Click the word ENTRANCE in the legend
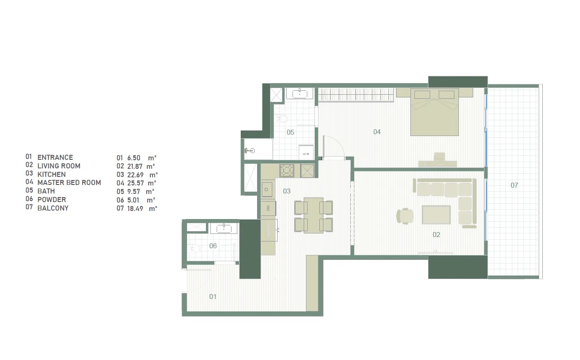(x=55, y=158)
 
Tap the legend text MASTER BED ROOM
(x=69, y=183)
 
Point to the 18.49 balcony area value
(x=134, y=208)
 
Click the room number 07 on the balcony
(x=514, y=185)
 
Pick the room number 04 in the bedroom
(x=377, y=132)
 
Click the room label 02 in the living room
(x=436, y=234)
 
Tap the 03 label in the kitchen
(x=287, y=191)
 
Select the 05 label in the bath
(x=290, y=132)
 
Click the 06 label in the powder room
(x=213, y=246)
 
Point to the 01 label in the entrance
(x=213, y=296)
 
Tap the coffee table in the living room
(x=436, y=215)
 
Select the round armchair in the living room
(x=405, y=215)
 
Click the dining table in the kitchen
(x=313, y=215)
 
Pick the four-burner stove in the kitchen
(x=287, y=170)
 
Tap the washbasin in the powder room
(x=223, y=228)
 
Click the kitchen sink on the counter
(x=268, y=189)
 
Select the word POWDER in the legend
(x=52, y=200)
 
